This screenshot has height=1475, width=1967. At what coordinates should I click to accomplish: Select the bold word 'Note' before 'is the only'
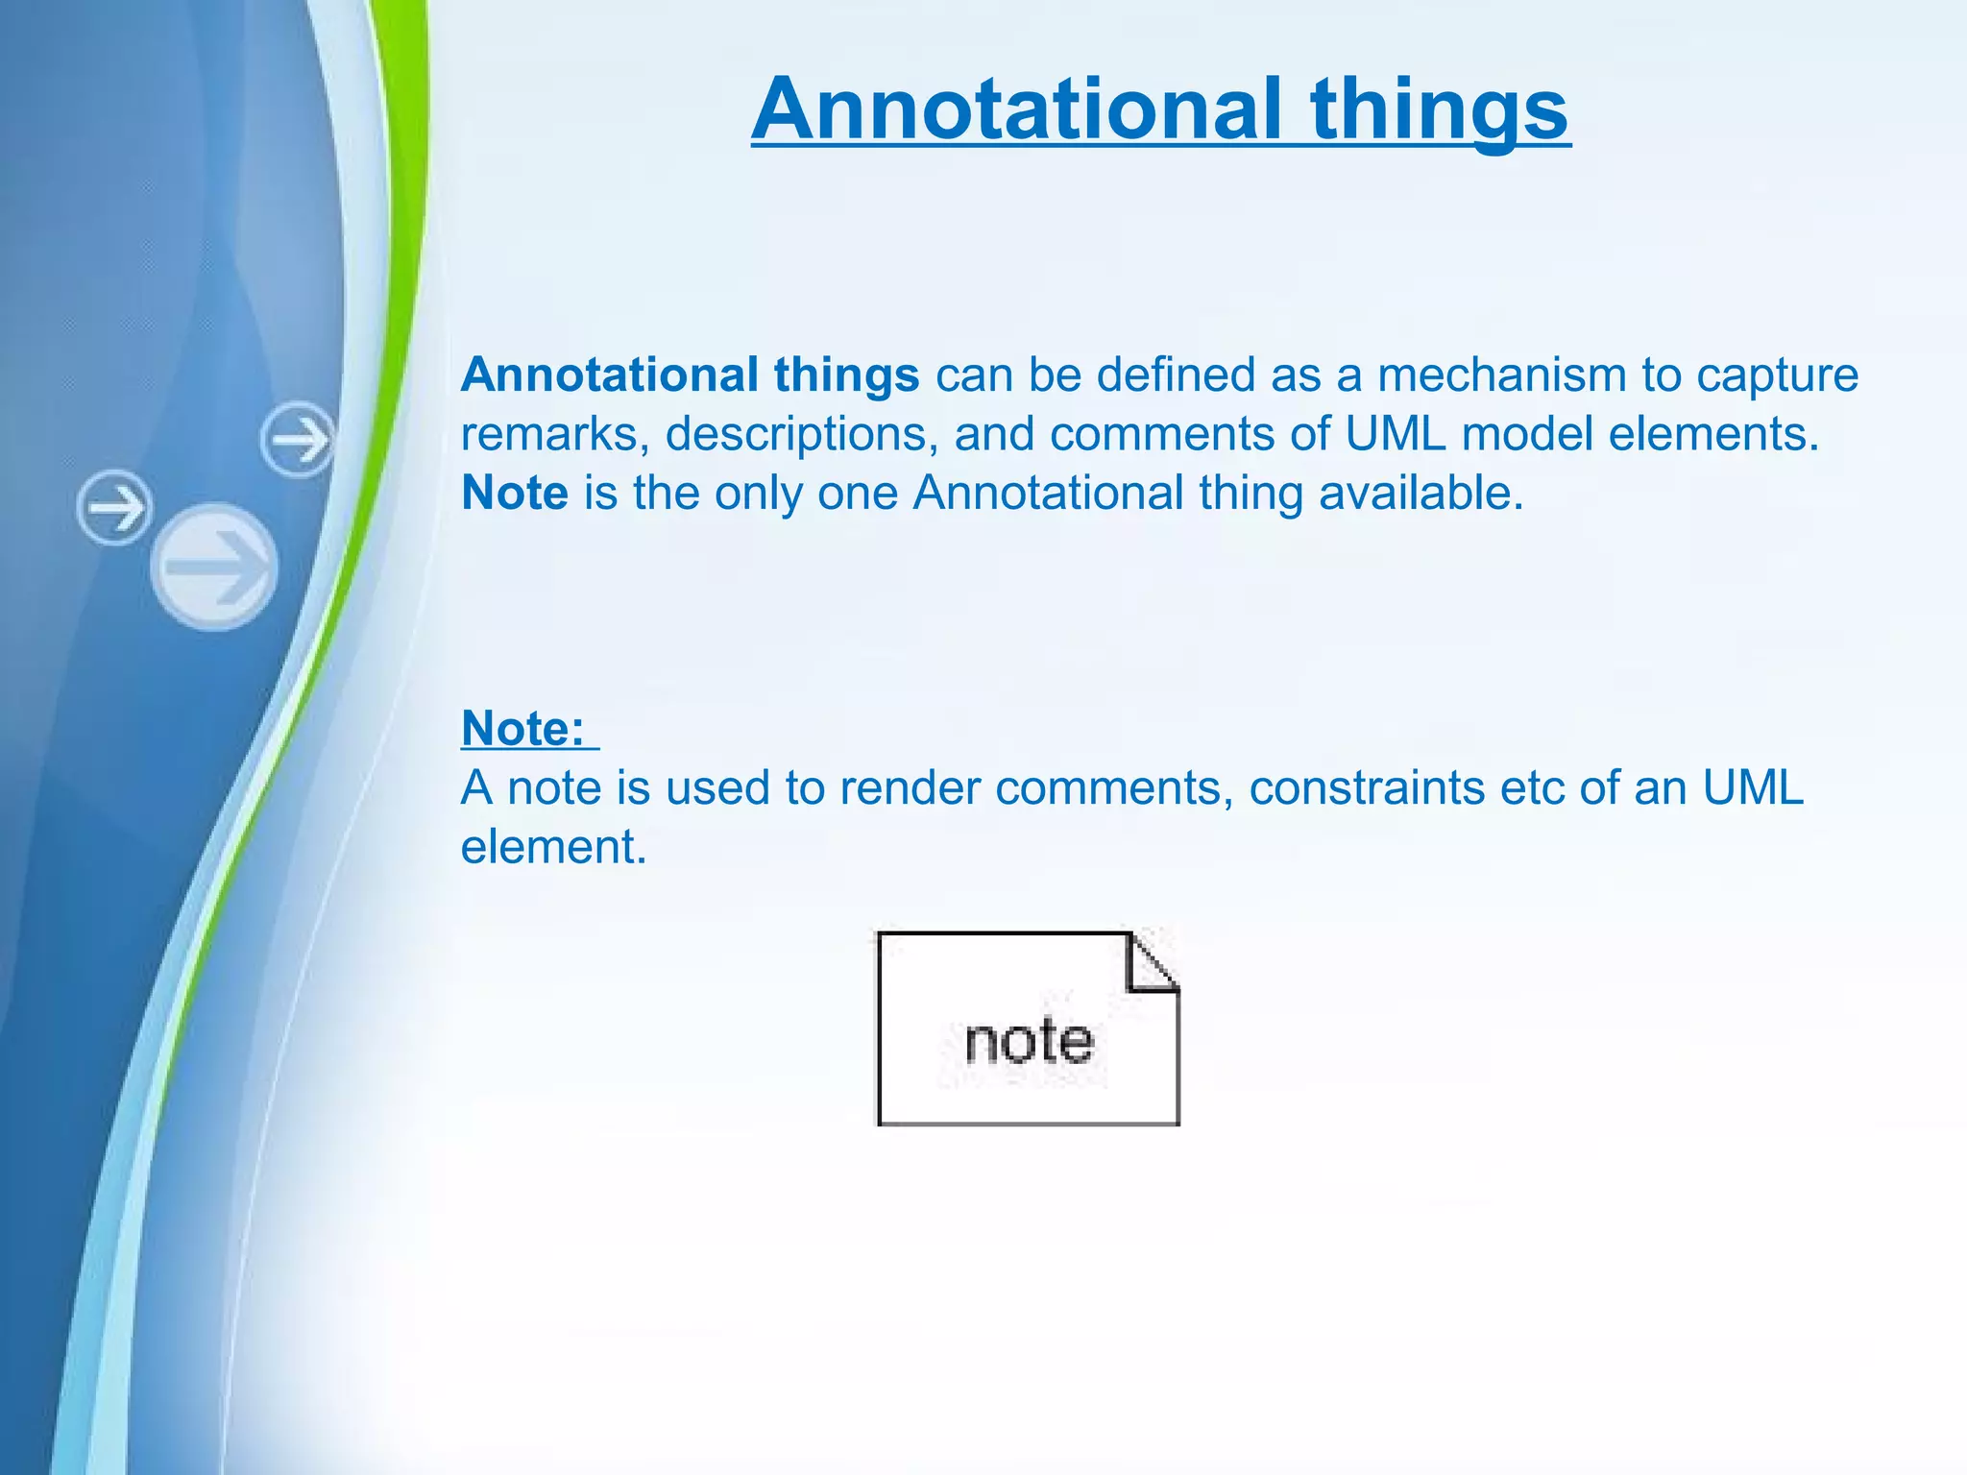514,494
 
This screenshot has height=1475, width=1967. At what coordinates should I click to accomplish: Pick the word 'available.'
1421,494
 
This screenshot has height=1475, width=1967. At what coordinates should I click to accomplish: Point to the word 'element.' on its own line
553,848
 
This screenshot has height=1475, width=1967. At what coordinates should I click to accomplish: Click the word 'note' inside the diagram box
1029,1042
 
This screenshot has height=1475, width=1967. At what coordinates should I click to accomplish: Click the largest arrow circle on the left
214,567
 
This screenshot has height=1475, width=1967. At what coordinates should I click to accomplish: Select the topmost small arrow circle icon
298,440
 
